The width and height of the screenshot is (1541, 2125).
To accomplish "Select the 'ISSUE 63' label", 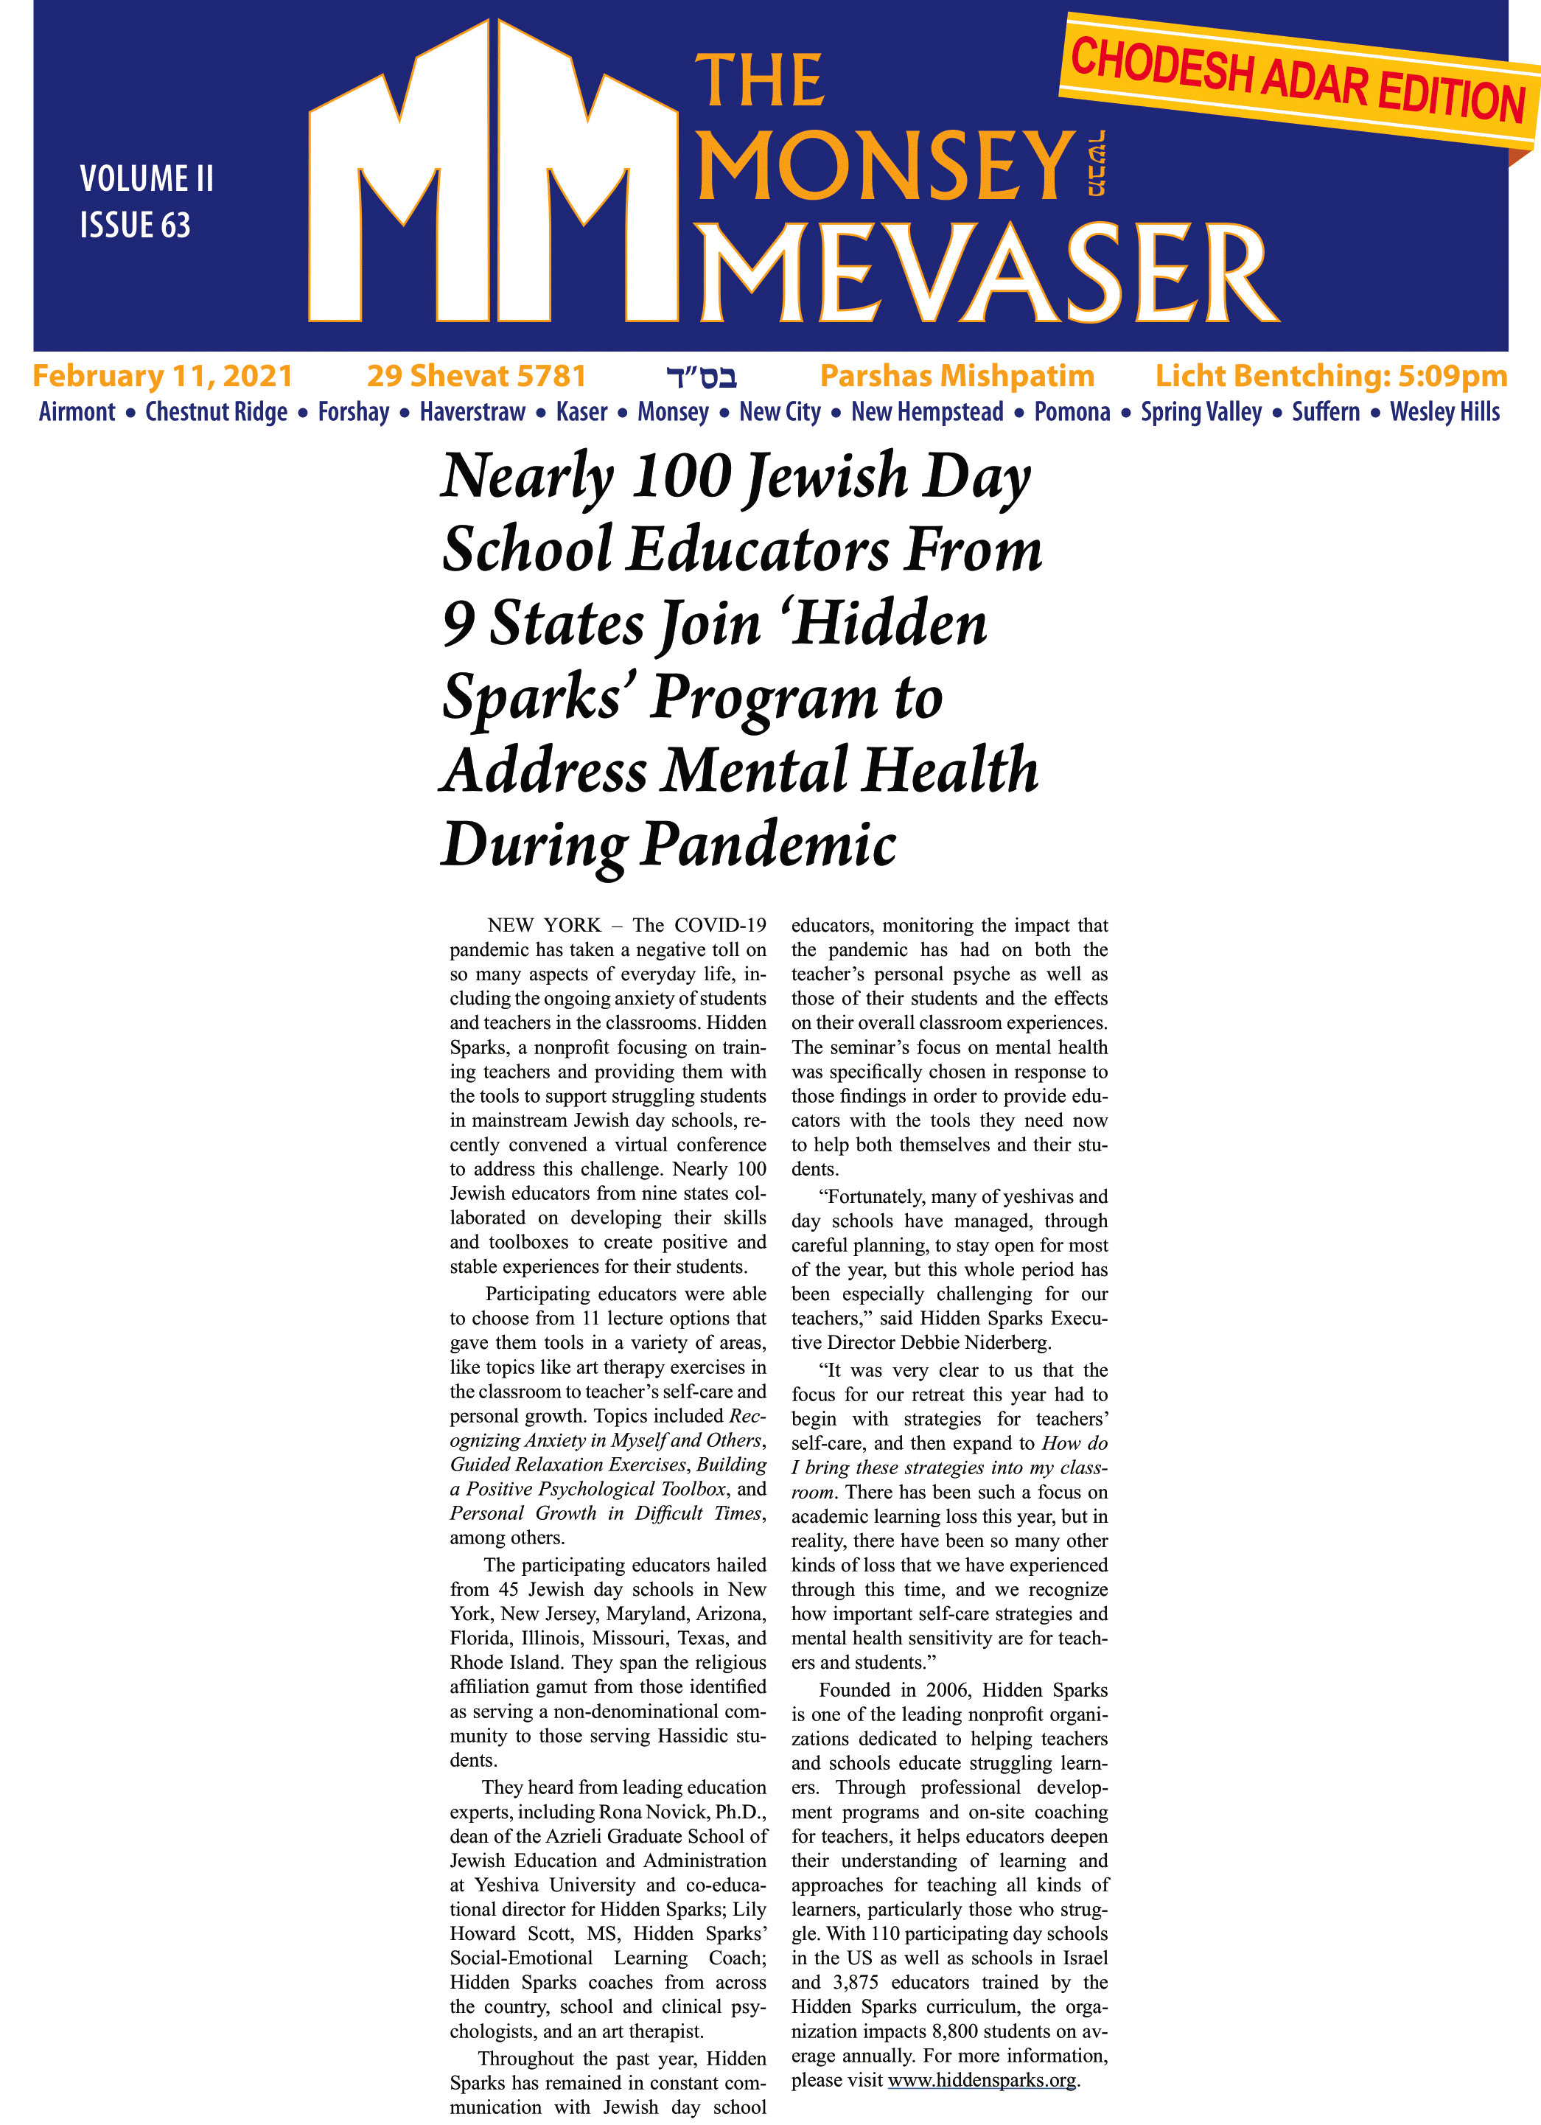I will [x=135, y=226].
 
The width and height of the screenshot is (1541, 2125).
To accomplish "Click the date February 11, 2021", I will [x=162, y=377].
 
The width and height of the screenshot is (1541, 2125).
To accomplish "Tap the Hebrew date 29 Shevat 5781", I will [x=476, y=377].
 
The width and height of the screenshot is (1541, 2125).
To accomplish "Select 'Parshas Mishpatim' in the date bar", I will [x=957, y=377].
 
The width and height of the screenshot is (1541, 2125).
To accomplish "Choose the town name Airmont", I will [x=77, y=412].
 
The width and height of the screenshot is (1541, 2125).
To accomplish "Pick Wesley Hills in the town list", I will [x=1444, y=412].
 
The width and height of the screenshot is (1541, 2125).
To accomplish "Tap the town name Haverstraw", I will [x=472, y=412].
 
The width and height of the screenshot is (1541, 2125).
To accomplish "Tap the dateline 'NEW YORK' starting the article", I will [x=545, y=926].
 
